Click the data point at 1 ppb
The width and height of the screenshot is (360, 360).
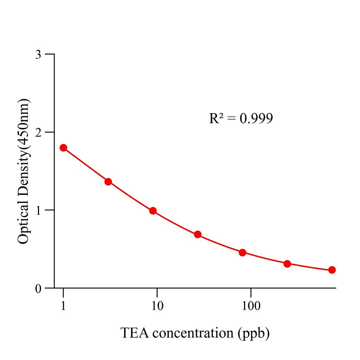click(63, 148)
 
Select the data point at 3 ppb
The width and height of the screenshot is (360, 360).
click(108, 182)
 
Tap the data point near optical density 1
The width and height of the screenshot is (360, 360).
click(153, 211)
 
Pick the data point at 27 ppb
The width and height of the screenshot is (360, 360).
click(198, 234)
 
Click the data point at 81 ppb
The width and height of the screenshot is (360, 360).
click(242, 252)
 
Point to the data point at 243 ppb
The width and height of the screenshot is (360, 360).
click(287, 264)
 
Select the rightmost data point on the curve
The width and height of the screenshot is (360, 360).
click(332, 270)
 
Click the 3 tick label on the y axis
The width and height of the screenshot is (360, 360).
click(38, 54)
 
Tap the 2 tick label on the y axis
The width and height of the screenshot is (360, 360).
click(38, 133)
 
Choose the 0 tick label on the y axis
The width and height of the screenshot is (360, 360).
click(38, 288)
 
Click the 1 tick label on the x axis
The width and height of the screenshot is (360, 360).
click(63, 306)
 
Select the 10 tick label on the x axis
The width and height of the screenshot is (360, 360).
click(157, 306)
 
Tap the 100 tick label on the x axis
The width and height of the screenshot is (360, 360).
click(251, 306)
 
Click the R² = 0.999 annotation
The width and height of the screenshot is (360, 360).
click(241, 118)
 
